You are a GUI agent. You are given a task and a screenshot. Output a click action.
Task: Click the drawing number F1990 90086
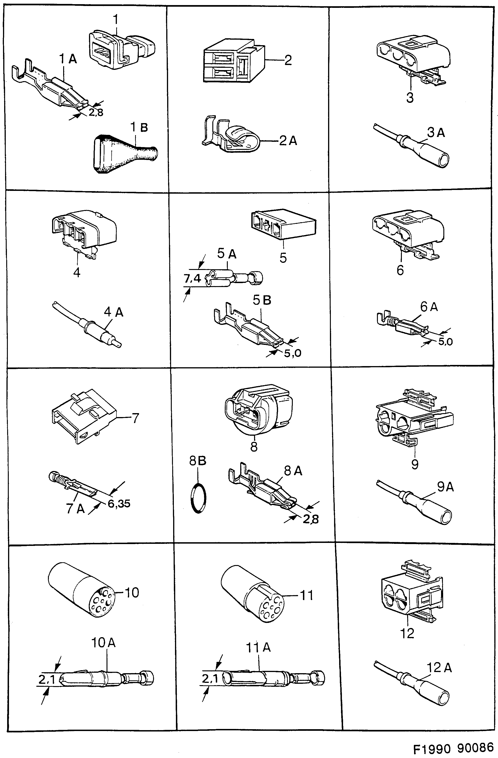click(453, 747)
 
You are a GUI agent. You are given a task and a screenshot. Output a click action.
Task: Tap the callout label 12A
click(439, 668)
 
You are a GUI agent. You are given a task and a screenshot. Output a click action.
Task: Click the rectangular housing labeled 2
click(234, 61)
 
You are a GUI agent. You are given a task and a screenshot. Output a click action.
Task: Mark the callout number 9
click(415, 464)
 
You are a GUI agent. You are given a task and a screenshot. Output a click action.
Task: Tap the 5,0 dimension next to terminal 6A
click(445, 342)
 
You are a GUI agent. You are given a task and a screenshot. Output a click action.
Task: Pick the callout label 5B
click(262, 300)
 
